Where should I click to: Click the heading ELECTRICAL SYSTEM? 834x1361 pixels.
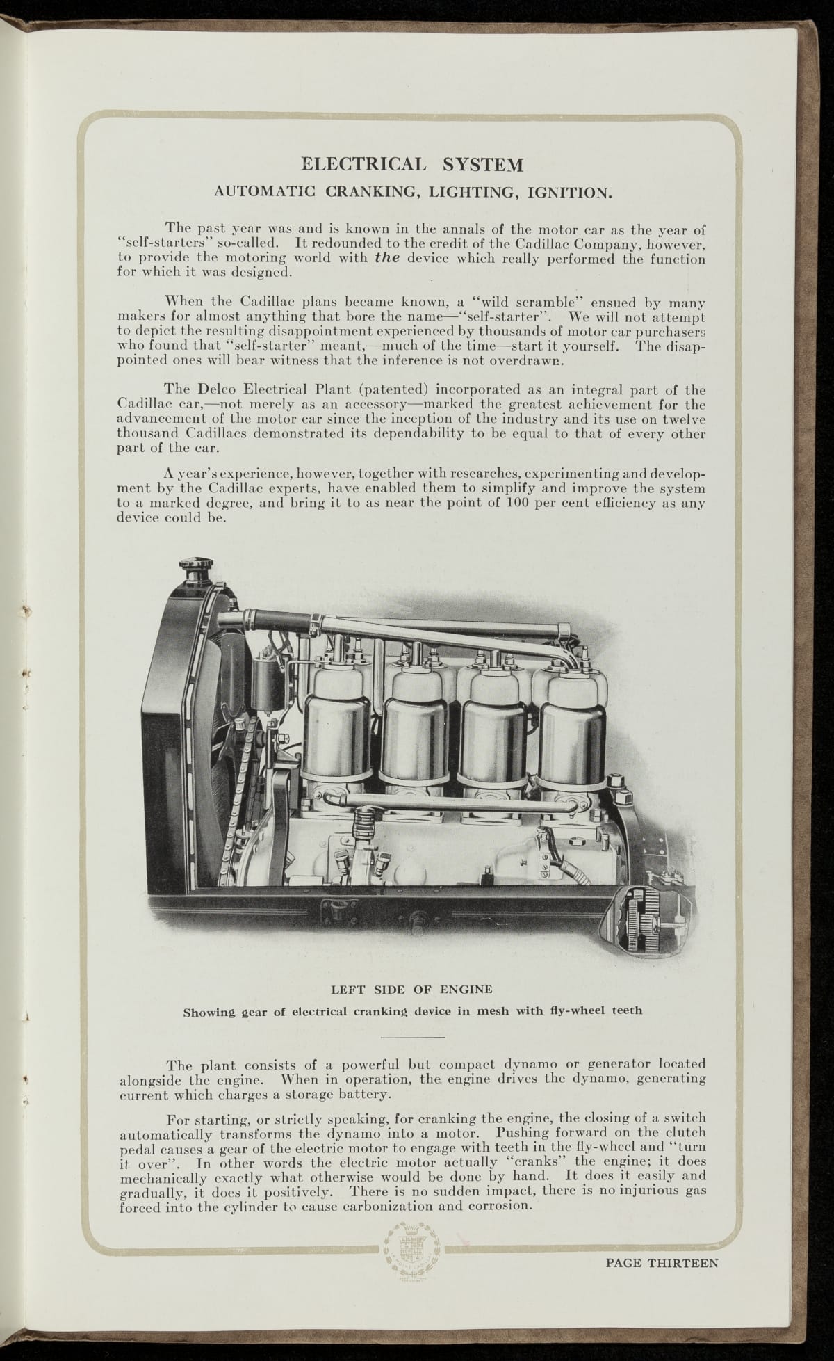coord(411,165)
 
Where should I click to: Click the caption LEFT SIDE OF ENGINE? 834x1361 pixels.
coord(412,989)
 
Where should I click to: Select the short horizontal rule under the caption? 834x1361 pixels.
coord(413,1038)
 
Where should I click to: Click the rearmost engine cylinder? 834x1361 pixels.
coord(570,730)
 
